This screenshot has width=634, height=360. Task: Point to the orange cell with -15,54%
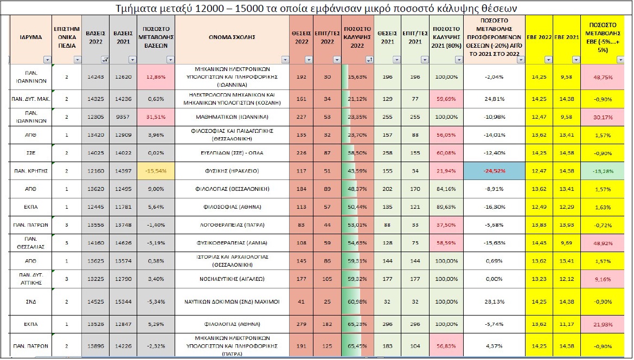[156, 171]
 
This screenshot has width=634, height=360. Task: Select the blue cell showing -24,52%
[494, 171]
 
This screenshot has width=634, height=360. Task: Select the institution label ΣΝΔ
[31, 300]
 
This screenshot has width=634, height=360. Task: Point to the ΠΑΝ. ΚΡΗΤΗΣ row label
[31, 171]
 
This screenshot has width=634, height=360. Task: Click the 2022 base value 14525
[94, 300]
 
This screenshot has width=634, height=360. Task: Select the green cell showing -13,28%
[606, 171]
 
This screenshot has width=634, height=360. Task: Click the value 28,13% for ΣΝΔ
[494, 300]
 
